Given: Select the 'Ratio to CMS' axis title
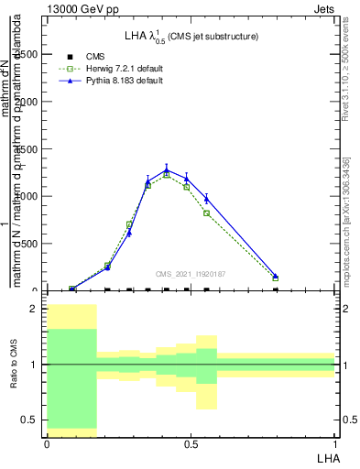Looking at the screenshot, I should tap(14, 377).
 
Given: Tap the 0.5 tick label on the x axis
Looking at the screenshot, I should tap(191, 444).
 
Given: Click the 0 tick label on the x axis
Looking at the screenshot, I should tap(47, 444).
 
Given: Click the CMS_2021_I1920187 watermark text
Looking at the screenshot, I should tap(190, 273).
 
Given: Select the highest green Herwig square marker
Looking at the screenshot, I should tap(167, 175).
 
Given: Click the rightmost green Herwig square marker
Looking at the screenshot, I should tap(276, 278).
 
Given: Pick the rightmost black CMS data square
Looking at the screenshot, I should tap(276, 289).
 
